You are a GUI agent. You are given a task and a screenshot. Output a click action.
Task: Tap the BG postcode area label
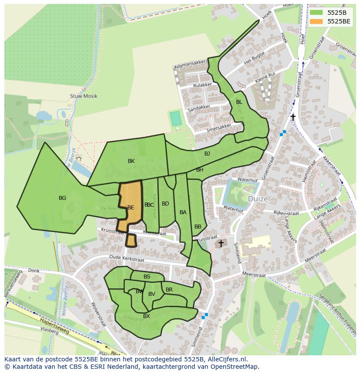click(63, 198)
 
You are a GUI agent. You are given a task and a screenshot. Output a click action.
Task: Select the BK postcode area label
click(131, 161)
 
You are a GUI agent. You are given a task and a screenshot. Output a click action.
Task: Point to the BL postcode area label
click(239, 102)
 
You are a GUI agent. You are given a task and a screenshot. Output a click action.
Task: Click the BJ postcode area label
click(207, 154)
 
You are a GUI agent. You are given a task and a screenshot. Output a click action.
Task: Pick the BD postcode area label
click(165, 204)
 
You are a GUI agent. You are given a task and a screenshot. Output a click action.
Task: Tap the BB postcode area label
click(198, 227)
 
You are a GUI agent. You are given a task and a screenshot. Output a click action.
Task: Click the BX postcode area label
click(147, 316)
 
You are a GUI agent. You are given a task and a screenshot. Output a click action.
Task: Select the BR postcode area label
click(169, 290)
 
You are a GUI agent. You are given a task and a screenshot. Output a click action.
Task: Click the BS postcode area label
click(147, 277)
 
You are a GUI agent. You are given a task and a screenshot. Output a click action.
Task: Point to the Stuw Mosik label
click(83, 96)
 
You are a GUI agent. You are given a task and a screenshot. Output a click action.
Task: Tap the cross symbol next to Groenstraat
click(293, 117)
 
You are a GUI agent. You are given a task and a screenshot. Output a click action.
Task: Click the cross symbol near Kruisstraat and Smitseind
click(221, 244)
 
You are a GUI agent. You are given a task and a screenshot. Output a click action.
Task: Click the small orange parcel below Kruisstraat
click(131, 240)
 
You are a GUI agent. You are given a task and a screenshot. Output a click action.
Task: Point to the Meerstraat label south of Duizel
click(253, 275)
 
